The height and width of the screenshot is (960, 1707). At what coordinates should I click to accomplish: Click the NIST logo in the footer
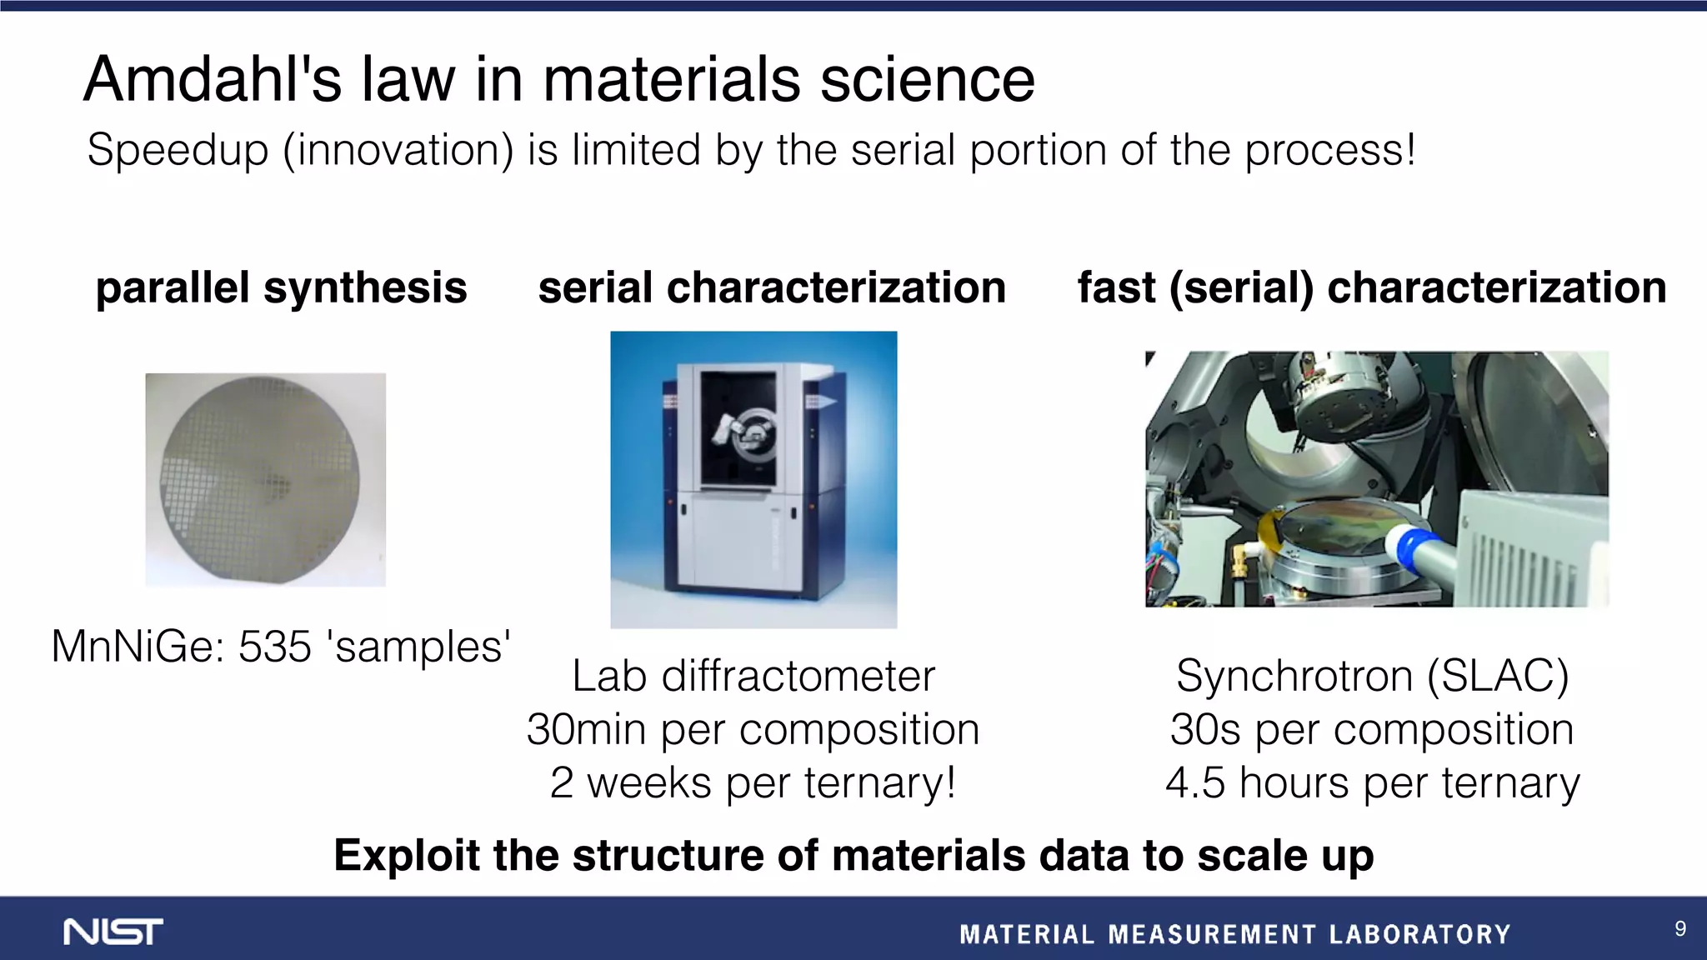tap(113, 932)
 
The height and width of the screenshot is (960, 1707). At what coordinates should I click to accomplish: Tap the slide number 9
tap(1680, 929)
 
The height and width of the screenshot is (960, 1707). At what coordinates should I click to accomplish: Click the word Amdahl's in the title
tap(213, 80)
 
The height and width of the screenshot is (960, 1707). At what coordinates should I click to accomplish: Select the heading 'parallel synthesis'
tap(281, 288)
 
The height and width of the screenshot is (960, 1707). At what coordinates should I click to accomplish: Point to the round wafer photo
tap(260, 479)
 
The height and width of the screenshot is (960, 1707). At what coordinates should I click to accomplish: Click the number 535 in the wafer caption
tap(274, 647)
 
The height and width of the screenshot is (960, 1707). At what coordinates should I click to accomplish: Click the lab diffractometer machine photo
tap(753, 479)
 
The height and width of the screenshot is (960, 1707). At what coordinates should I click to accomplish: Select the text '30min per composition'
tap(753, 730)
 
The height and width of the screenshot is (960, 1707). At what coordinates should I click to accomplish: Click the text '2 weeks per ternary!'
tap(753, 783)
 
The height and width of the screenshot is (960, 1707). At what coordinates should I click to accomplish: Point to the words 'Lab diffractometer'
tap(753, 676)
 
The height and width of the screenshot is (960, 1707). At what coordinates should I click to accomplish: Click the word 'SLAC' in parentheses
tap(1497, 676)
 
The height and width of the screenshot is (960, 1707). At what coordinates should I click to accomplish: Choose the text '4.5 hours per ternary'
tap(1372, 783)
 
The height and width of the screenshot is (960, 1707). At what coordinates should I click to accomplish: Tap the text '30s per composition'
tap(1372, 730)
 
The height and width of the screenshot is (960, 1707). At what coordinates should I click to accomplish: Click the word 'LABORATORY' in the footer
tap(1419, 934)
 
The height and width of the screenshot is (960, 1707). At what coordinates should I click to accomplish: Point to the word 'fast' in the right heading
tap(1116, 288)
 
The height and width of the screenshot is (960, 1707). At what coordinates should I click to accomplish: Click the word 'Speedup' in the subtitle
tap(178, 151)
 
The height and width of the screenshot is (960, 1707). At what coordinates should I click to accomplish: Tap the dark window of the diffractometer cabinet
tap(738, 429)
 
